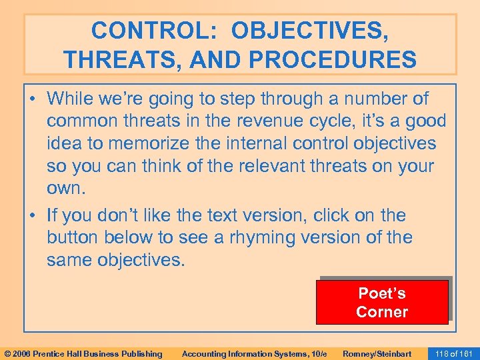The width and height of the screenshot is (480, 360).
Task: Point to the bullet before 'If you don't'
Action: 35,215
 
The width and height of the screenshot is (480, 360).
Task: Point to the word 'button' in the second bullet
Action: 71,237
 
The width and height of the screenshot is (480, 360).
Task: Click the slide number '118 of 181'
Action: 453,353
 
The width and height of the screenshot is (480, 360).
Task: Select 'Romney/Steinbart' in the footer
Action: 377,353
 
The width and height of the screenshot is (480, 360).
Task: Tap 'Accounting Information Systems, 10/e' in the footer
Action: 254,353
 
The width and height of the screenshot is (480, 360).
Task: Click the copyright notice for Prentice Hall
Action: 83,353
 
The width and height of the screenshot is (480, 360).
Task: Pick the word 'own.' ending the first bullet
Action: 66,187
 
